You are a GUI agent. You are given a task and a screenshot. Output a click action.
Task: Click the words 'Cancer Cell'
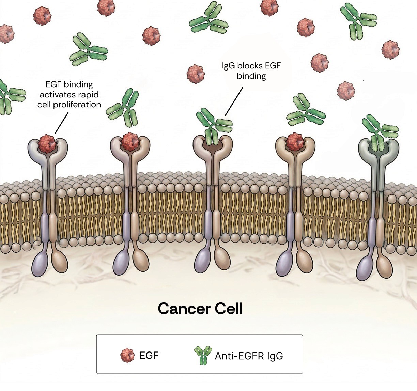(x=200, y=309)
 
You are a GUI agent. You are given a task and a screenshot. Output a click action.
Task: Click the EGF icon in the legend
(x=128, y=356)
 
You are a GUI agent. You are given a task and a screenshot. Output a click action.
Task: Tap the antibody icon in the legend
(x=203, y=356)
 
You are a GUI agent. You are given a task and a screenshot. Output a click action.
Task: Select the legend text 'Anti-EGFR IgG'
(x=249, y=356)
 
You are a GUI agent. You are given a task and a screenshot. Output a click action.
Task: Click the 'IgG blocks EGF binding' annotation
(x=251, y=71)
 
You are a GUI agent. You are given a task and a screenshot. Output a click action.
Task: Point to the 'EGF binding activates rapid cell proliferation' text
(x=69, y=94)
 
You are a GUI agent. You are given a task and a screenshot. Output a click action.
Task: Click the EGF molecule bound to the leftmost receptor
(x=47, y=143)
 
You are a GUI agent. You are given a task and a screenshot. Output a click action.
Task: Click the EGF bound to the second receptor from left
(x=130, y=141)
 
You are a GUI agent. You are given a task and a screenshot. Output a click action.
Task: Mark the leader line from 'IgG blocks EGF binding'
(x=234, y=101)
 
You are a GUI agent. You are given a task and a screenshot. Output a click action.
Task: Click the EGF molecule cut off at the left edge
(x=6, y=34)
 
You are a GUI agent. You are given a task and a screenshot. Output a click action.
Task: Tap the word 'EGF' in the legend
(x=149, y=356)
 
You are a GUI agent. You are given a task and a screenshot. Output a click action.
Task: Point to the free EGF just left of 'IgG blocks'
(x=196, y=74)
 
